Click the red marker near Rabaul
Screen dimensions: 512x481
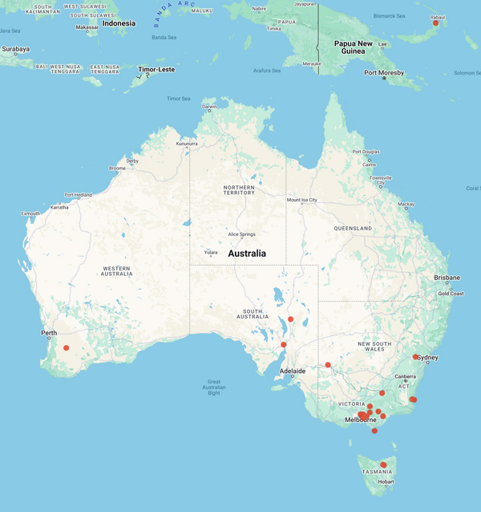435,22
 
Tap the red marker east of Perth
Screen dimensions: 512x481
67,347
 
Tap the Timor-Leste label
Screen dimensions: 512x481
156,70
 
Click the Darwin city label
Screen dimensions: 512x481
210,106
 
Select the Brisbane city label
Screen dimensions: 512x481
447,278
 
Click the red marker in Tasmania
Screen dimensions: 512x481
383,465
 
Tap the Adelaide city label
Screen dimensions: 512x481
292,371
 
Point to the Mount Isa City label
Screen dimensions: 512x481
302,200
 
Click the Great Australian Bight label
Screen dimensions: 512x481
214,388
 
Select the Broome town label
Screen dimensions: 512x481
118,169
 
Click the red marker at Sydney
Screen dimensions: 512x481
415,357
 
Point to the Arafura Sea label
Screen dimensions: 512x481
266,71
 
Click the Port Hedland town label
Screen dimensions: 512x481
79,195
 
